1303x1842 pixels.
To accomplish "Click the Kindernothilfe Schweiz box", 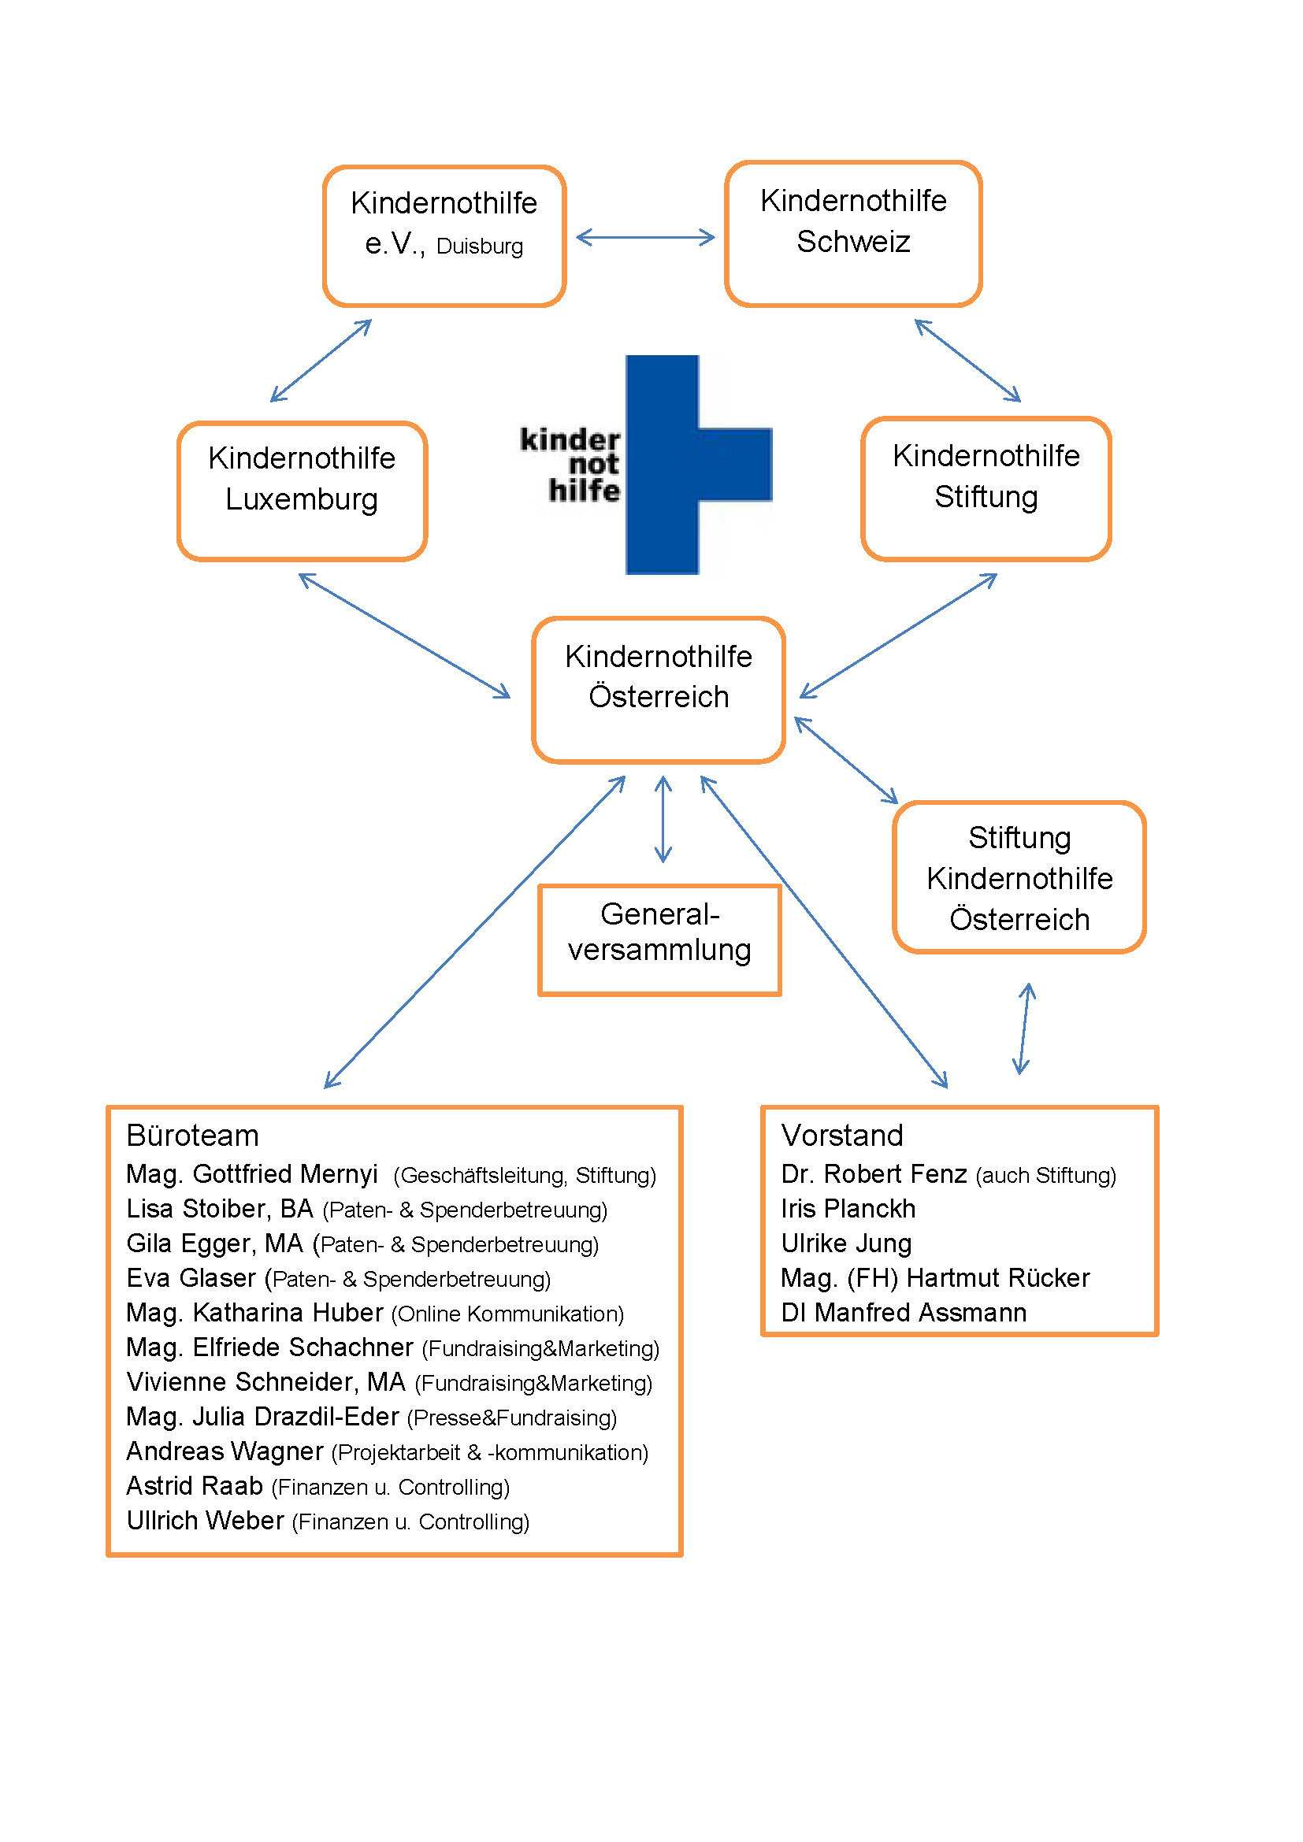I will point(853,233).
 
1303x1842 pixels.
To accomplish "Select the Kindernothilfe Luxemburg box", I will point(302,490).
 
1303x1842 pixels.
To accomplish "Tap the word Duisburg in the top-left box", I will point(479,246).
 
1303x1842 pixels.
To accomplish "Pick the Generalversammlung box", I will point(659,940).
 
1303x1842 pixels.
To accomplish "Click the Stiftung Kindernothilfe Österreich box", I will point(1019,877).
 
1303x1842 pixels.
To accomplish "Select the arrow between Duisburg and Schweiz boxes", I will point(645,237).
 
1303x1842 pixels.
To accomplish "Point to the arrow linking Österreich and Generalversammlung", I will point(663,819).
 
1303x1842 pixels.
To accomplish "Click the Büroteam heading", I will point(192,1136).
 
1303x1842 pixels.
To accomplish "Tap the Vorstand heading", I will point(841,1136).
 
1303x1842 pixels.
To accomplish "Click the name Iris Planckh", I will point(848,1208).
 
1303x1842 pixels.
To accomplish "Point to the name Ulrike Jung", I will point(845,1243).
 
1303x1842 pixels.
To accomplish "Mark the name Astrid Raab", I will point(194,1486).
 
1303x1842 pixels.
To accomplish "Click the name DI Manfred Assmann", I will point(904,1313).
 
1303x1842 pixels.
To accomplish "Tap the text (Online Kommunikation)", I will point(507,1314).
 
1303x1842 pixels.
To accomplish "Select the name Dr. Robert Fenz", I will point(874,1173).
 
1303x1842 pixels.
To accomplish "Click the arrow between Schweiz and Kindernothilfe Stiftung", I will point(967,360).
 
